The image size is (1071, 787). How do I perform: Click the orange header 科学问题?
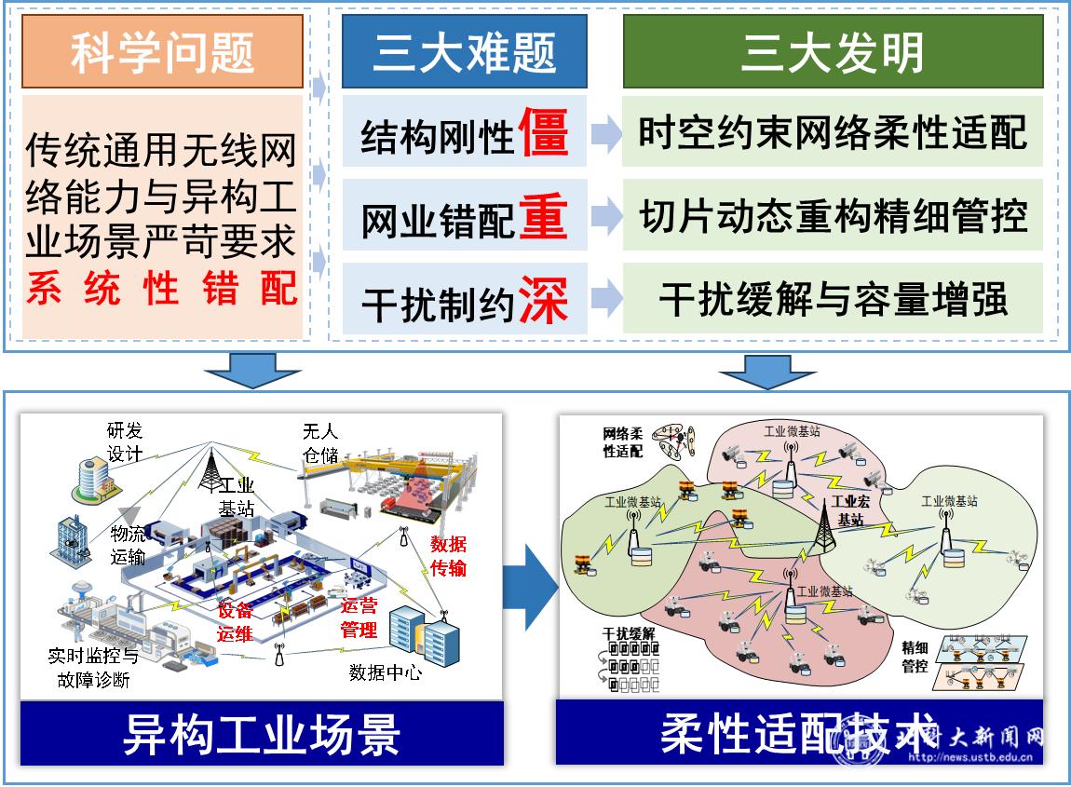162,52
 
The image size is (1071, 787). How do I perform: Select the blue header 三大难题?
464,52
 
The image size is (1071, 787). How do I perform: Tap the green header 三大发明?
832,52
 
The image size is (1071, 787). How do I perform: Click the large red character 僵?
543,132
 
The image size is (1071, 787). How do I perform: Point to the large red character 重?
543,216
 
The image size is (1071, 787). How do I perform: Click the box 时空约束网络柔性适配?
832,132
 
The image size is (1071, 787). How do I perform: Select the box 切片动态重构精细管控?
832,216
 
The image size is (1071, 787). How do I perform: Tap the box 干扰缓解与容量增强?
832,300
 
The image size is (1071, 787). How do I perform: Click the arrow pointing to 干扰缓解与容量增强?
606,299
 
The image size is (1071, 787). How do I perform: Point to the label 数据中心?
385,672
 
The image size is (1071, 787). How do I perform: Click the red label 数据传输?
447,556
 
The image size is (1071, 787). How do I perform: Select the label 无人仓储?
319,442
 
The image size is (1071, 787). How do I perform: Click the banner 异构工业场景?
262,734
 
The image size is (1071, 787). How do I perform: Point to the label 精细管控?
915,656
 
